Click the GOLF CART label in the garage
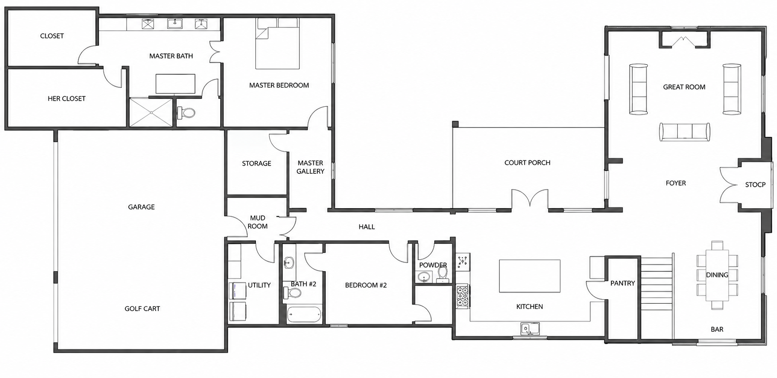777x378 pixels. pos(142,308)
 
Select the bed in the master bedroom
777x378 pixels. pos(277,44)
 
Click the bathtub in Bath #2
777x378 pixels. pos(305,314)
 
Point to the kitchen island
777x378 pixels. pos(530,276)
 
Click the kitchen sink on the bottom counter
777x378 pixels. pos(530,329)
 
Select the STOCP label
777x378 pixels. pos(755,184)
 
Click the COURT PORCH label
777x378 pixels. pos(527,163)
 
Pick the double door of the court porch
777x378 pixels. pos(530,200)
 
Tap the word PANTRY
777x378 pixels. pos(623,283)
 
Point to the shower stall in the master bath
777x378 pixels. pos(151,112)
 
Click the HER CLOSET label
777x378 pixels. pos(67,98)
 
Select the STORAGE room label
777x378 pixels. pos(257,163)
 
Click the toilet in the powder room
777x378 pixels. pos(443,274)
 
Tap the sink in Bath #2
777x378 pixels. pos(289,262)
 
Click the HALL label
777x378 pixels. pos(367,227)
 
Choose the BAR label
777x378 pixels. pos(717,329)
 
